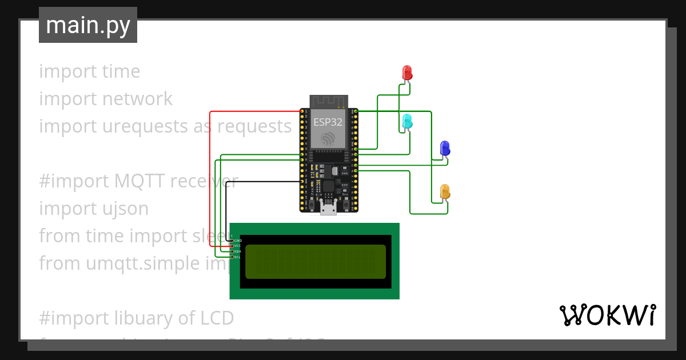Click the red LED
point(407,73)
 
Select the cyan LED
point(407,121)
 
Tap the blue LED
point(445,149)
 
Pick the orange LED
point(445,191)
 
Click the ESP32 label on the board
point(328,122)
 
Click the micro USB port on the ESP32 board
point(328,209)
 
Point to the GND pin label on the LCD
point(238,241)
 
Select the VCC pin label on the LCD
point(238,246)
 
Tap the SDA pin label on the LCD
point(238,251)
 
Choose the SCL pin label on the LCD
point(238,257)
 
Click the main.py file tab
point(88,25)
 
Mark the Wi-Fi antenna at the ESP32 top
point(329,101)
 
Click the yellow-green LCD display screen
point(316,262)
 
